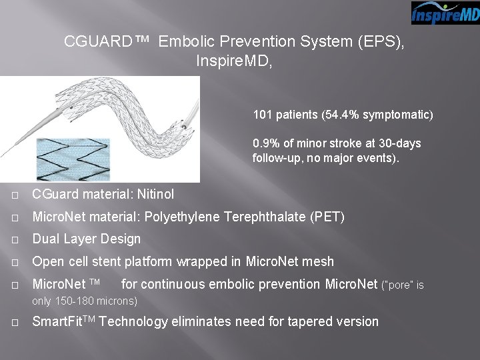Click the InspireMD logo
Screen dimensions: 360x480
point(445,13)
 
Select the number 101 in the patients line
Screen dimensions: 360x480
point(261,115)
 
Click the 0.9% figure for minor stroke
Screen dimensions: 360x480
point(265,143)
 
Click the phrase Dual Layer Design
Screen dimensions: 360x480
point(87,239)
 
